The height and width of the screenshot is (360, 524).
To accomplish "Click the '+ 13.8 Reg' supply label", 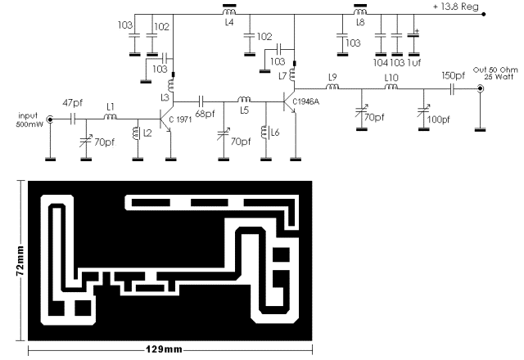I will tap(458, 7).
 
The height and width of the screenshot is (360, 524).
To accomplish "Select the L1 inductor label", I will tap(109, 106).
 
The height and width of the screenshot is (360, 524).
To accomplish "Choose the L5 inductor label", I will tap(244, 110).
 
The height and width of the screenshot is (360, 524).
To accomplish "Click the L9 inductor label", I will tap(332, 78).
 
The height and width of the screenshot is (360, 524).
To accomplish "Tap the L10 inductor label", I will tap(392, 78).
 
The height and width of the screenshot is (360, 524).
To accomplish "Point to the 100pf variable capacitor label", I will tap(438, 119).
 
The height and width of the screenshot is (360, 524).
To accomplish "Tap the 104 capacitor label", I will tap(380, 62).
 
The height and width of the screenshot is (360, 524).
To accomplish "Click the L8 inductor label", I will tap(359, 24).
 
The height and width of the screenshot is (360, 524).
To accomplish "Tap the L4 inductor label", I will tap(228, 24).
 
